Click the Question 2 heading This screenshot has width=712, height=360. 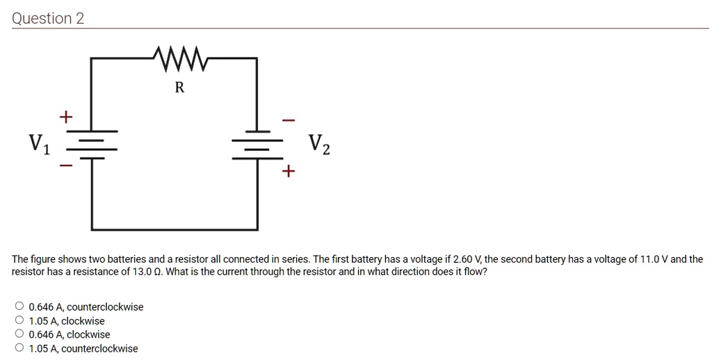pos(48,18)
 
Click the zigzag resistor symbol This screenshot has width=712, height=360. pos(179,59)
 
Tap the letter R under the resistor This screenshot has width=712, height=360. pos(179,88)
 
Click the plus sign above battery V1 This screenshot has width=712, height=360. pos(65,117)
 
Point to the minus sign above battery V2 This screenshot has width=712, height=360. pos(288,120)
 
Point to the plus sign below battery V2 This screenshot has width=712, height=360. pos(288,170)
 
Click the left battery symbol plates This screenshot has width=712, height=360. pos(92,145)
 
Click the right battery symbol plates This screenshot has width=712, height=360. pos(257,145)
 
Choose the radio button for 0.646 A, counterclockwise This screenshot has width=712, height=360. pos(19,306)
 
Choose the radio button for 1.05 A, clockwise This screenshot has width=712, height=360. pos(19,320)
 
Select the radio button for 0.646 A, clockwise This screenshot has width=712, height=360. pos(19,334)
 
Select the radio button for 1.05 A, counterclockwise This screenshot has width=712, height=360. pos(19,348)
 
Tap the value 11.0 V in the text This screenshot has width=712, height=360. pos(654,259)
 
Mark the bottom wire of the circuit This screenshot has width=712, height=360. pos(175,229)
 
